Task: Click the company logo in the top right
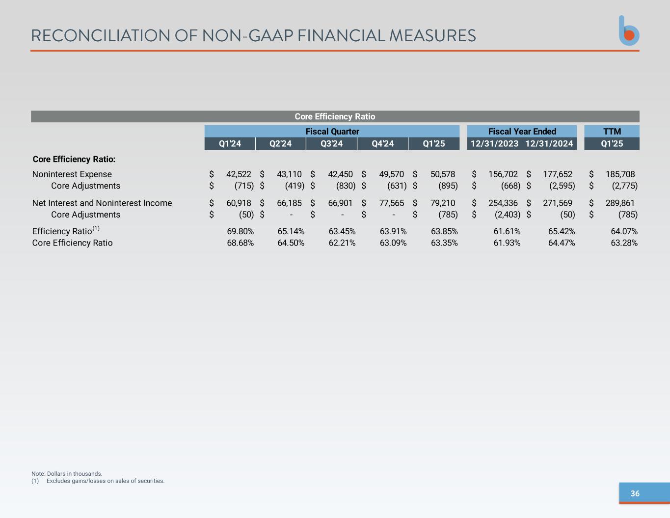tap(629, 31)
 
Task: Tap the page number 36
tap(635, 493)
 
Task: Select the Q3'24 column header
tap(331, 144)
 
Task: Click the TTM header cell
tap(612, 132)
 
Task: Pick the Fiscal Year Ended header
tap(522, 132)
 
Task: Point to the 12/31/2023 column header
tap(494, 144)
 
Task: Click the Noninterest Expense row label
tap(72, 174)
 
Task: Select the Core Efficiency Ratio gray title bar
tap(335, 116)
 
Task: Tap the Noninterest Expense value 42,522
tap(239, 174)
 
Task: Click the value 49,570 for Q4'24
tap(391, 174)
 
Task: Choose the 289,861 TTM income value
tap(620, 203)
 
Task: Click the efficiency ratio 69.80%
tap(240, 231)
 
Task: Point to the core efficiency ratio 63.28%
tap(624, 243)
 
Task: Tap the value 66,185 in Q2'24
tap(289, 203)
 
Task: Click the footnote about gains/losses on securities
tap(105, 481)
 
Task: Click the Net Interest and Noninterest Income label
tap(102, 203)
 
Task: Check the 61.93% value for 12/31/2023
tap(507, 243)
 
